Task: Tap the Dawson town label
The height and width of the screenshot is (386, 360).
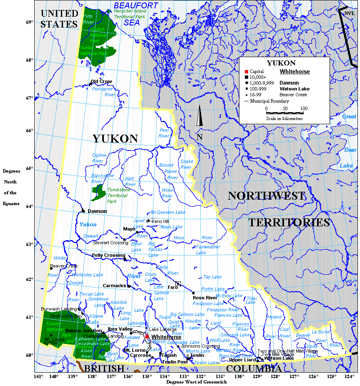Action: (97, 211)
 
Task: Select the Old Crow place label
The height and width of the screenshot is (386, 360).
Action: (101, 81)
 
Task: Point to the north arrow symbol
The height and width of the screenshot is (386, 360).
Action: (200, 116)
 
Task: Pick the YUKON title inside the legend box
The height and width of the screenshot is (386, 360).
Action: (281, 63)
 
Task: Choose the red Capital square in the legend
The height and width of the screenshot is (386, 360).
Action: (247, 72)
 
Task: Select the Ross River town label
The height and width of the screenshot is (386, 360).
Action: (204, 298)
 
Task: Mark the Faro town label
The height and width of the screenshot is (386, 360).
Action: (172, 287)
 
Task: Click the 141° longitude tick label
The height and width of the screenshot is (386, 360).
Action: (38, 377)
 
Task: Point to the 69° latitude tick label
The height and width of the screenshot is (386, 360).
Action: (30, 22)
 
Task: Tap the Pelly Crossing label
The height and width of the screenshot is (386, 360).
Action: (108, 255)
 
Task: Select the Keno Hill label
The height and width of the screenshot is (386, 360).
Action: (160, 221)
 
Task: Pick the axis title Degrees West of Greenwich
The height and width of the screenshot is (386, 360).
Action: (196, 382)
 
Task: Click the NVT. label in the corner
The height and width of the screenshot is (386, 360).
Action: (349, 13)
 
